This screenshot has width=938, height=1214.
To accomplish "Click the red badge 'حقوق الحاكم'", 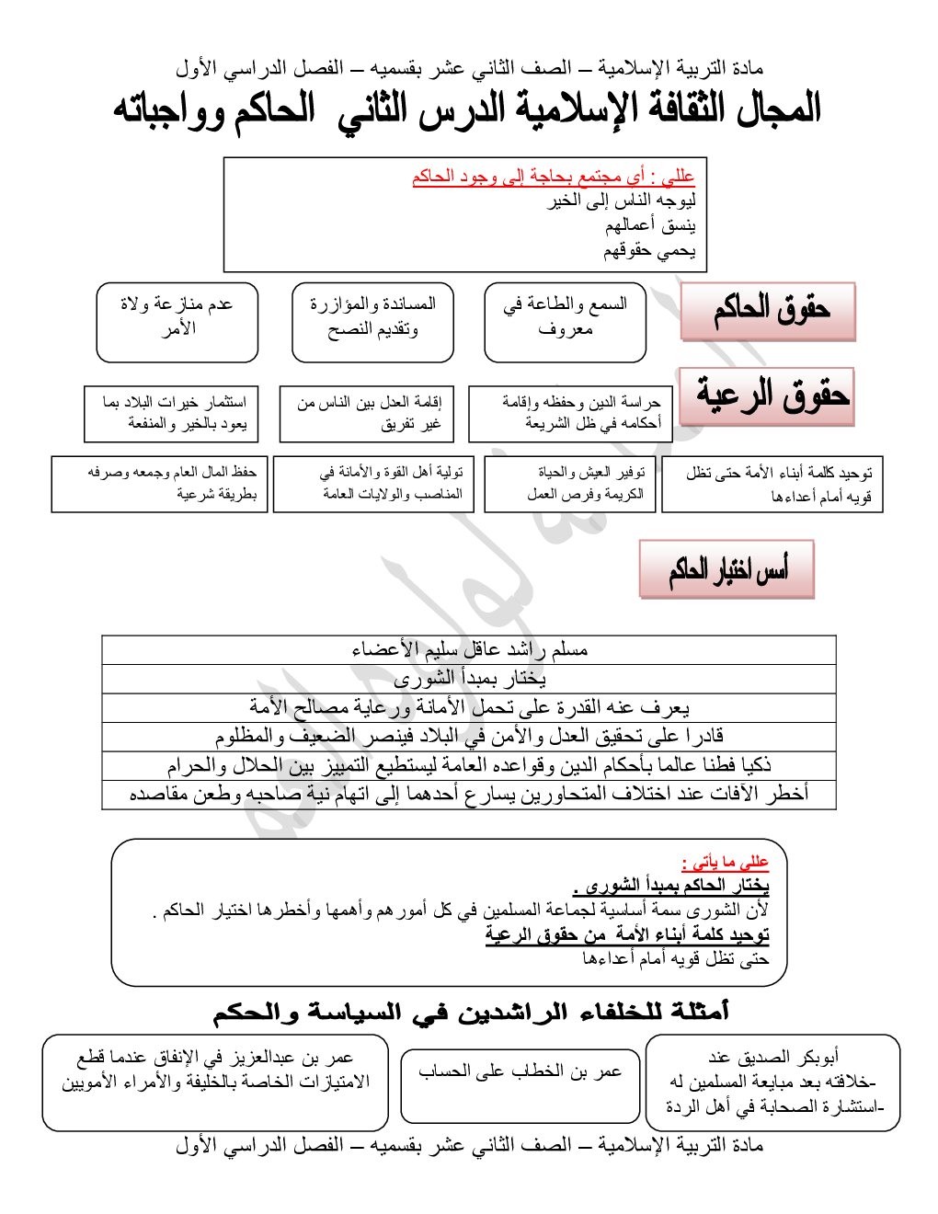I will pos(768,312).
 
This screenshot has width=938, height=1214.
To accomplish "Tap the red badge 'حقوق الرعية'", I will pos(768,396).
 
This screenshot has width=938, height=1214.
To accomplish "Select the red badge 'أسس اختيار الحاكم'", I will pos(726,569).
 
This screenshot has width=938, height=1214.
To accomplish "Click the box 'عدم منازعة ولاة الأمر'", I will pos(177,322).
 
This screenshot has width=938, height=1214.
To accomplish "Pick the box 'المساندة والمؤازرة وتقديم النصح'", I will pos(372,322).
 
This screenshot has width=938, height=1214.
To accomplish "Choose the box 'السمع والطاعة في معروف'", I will pos(565,322).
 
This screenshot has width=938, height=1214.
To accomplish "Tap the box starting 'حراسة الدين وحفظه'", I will pos(570,414).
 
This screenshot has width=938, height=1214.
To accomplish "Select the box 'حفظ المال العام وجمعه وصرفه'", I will pos(160,484).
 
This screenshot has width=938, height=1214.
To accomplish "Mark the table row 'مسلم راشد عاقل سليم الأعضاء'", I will pos(469,649).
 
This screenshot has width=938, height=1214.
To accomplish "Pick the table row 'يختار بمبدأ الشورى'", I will pos(469,679).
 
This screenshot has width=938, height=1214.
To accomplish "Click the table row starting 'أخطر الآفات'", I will pos(469,794).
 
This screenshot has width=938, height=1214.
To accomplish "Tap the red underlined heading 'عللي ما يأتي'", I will pos(725,862).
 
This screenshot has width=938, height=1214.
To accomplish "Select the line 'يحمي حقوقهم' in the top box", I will pos(649,250).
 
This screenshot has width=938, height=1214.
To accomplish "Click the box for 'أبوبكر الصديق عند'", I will pos(772,1082).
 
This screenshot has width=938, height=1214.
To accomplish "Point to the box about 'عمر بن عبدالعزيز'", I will pos(215,1082).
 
